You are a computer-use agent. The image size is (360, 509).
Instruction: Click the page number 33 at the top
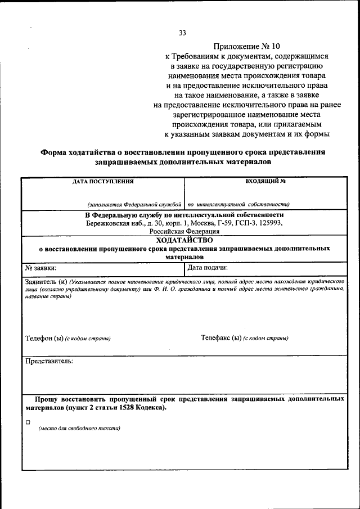click(x=182, y=33)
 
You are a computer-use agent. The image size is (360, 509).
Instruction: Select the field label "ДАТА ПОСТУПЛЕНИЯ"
click(x=103, y=182)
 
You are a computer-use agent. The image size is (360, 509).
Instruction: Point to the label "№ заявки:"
click(x=41, y=268)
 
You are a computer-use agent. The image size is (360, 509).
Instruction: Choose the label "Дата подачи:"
click(x=207, y=268)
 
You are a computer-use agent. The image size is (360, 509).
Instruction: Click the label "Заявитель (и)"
click(x=46, y=281)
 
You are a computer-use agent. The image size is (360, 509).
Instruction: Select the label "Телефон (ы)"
click(x=44, y=339)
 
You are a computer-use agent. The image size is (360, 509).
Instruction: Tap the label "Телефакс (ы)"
click(x=221, y=339)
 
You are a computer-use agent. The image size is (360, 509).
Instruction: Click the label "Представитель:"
click(x=49, y=361)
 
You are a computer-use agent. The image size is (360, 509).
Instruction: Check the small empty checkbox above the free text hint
click(x=28, y=421)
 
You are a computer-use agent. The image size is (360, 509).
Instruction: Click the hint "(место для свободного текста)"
click(x=79, y=429)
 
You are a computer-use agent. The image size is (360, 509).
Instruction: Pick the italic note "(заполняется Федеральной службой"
click(x=134, y=205)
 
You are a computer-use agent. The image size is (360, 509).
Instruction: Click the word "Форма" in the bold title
click(x=55, y=152)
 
